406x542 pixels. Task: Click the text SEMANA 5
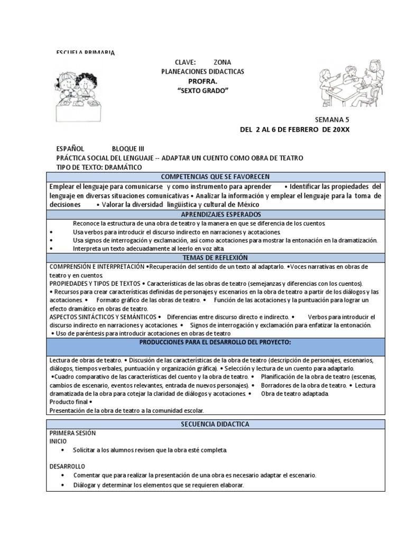click(333, 120)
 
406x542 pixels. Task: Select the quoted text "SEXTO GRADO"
click(202, 91)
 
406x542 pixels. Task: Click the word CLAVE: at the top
click(185, 62)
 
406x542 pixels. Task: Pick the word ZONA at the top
click(222, 62)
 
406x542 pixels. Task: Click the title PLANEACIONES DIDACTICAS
click(202, 71)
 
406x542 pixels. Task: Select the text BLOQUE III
click(127, 149)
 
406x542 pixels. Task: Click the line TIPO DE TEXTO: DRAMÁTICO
click(99, 167)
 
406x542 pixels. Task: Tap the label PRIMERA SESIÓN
click(72, 432)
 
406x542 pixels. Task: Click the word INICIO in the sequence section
click(58, 440)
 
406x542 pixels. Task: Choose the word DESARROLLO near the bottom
click(67, 467)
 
